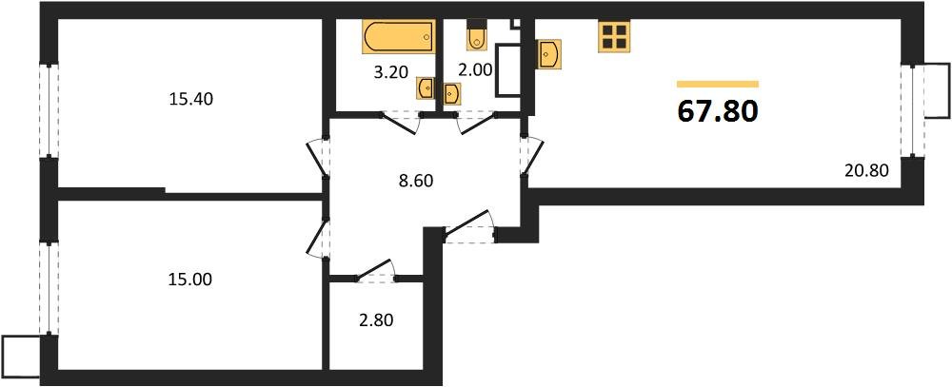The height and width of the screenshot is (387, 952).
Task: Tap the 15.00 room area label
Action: coord(188,280)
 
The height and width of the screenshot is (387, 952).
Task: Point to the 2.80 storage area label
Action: coord(374,319)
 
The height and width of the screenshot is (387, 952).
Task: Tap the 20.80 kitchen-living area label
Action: coord(865,172)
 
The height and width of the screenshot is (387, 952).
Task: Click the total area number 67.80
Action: coord(717,111)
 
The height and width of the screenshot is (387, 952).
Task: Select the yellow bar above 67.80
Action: coord(717,84)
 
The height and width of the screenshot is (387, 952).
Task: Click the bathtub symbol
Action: coord(398,37)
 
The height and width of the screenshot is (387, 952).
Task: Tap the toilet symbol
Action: coord(476,36)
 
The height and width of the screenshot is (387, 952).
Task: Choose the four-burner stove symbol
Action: coord(613,35)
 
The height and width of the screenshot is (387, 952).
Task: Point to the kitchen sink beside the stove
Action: coord(548,54)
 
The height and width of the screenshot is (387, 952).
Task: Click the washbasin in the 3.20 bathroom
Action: coord(426,89)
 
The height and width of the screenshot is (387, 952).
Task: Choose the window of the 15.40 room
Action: coord(45,109)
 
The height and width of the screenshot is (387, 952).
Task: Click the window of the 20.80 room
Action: coord(915,109)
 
